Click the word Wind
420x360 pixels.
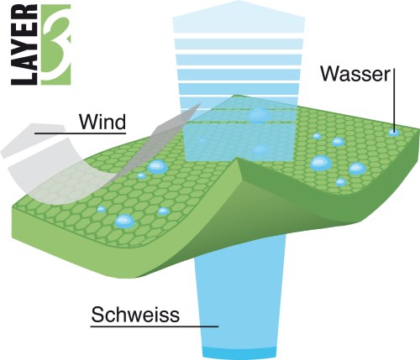[102, 122]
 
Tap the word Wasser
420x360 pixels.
[355, 74]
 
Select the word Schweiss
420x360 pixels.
[135, 315]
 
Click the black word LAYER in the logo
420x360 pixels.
[24, 44]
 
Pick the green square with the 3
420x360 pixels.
[56, 44]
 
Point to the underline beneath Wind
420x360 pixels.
[81, 133]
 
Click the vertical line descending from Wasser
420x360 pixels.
[394, 100]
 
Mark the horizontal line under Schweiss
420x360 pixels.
[155, 326]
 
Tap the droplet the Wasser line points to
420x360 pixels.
[394, 133]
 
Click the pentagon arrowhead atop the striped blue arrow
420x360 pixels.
[239, 18]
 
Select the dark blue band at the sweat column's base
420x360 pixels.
[239, 353]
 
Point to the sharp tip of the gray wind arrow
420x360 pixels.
[201, 103]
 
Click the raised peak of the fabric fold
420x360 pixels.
[238, 159]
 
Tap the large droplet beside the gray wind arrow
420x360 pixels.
[157, 167]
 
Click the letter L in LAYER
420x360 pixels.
[24, 77]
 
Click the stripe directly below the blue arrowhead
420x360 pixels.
[239, 44]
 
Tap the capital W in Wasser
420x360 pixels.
[329, 74]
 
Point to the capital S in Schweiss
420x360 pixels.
[97, 315]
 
